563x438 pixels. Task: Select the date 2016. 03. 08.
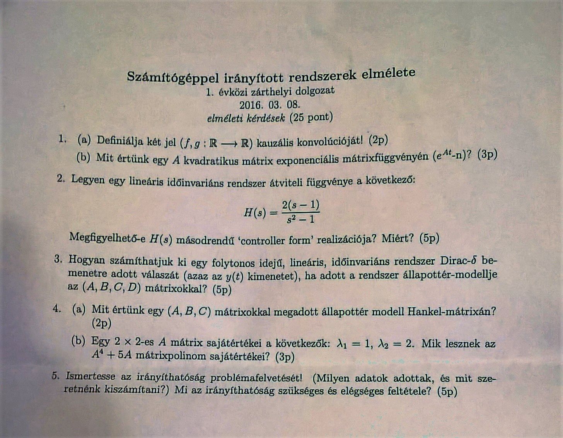270,104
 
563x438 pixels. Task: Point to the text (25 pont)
311,117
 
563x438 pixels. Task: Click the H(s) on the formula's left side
256,212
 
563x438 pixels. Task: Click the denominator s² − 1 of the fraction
301,220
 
